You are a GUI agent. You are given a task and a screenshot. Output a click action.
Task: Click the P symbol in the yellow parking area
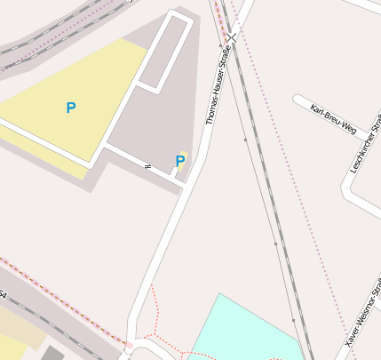pyautogui.click(x=71, y=108)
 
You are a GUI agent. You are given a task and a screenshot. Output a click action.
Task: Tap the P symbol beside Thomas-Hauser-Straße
pyautogui.click(x=180, y=161)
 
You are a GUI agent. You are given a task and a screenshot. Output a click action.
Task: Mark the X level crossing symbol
pyautogui.click(x=232, y=37)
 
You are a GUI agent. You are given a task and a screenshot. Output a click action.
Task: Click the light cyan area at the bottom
pyautogui.click(x=240, y=333)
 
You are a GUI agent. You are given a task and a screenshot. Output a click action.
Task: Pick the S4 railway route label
pyautogui.click(x=3, y=293)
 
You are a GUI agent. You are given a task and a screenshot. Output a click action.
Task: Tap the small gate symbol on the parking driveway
pyautogui.click(x=147, y=165)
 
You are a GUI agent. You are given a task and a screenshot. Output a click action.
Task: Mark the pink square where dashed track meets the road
pyautogui.click(x=129, y=344)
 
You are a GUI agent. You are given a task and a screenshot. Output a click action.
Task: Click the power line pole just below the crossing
pyautogui.click(x=220, y=44)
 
